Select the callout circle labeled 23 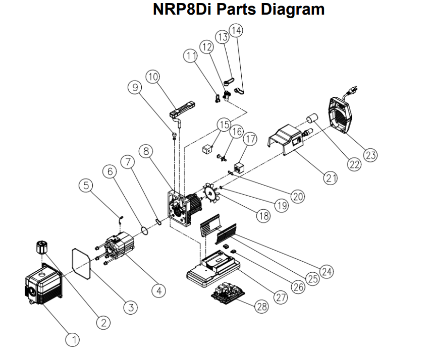370,155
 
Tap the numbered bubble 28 261,306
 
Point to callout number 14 236,30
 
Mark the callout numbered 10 153,77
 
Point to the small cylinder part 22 311,122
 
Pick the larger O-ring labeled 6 144,230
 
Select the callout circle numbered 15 223,124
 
